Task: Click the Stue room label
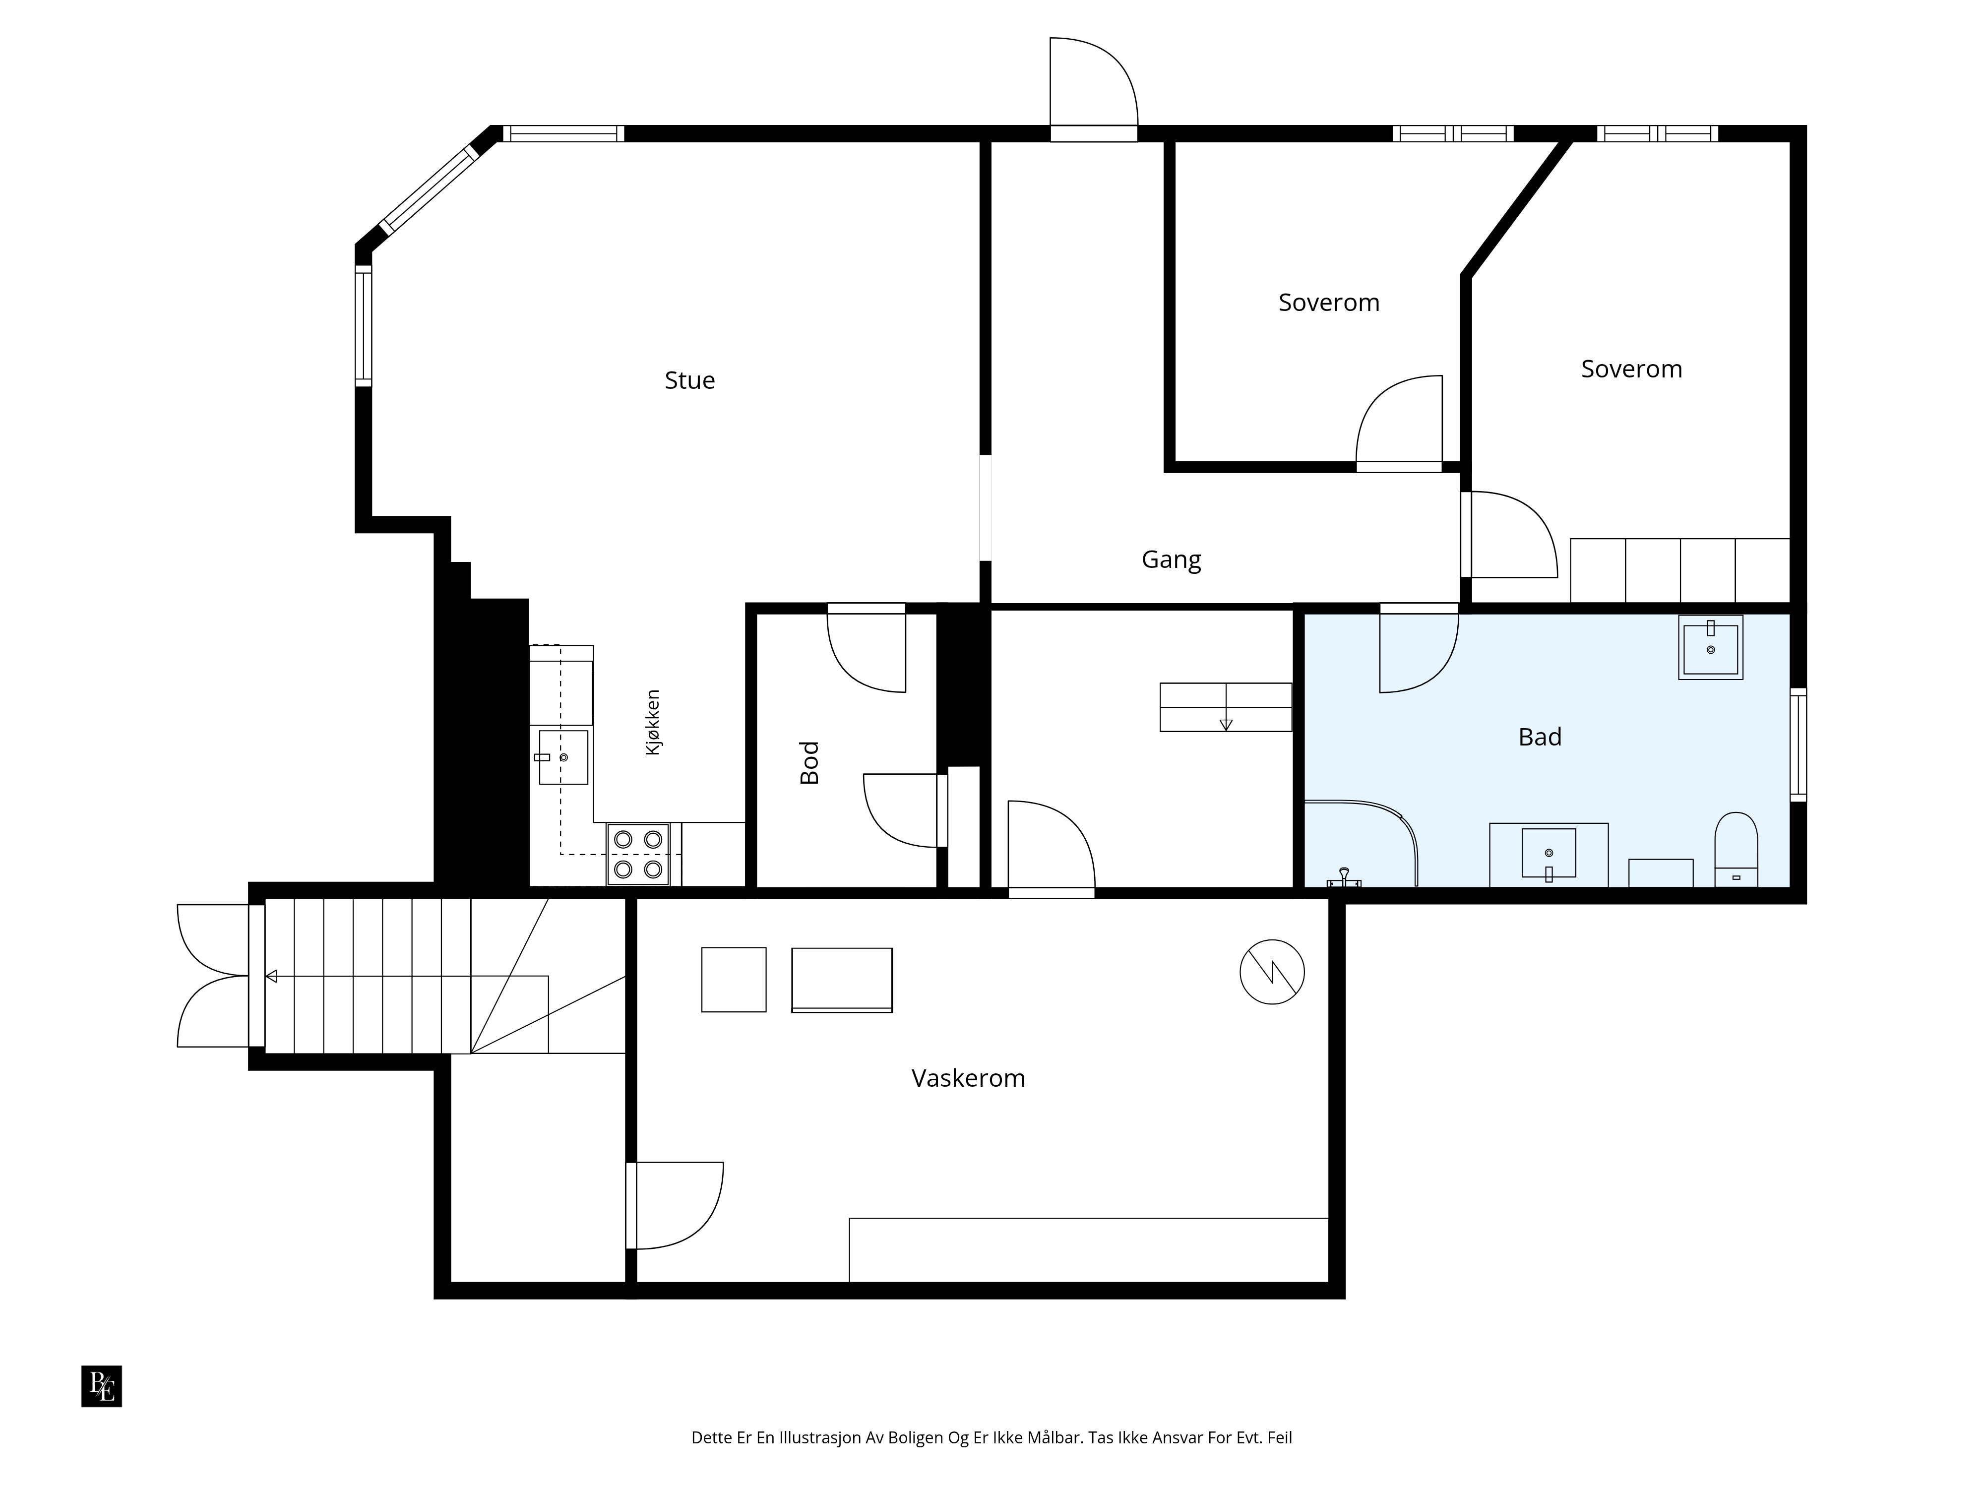[690, 380]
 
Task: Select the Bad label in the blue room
[1540, 737]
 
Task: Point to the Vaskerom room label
[968, 1078]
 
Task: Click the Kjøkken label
[653, 722]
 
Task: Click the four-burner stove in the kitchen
[638, 855]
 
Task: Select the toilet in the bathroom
[1736, 849]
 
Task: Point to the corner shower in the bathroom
[1360, 843]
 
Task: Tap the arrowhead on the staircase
[271, 976]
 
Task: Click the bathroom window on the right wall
[1798, 744]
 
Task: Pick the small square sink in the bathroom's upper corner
[1710, 647]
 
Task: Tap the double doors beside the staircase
[213, 976]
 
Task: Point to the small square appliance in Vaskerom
[734, 980]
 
